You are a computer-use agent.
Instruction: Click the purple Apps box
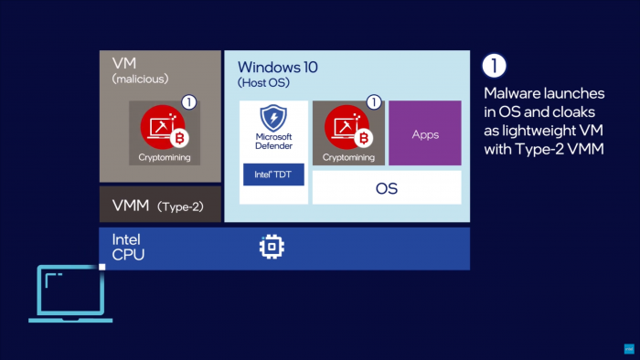coord(424,133)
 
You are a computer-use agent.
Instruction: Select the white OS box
coord(387,188)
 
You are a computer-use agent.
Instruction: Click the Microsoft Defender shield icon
coord(273,119)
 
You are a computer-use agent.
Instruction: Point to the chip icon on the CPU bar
coord(272,248)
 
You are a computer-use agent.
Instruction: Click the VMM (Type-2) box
coord(160,206)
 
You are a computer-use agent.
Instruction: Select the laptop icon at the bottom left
coord(70,293)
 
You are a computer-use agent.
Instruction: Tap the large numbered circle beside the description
coord(494,66)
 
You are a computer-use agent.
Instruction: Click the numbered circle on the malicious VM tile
coord(188,102)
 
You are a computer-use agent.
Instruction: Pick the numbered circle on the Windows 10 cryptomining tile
coord(372,102)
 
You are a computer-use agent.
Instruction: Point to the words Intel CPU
coord(128,247)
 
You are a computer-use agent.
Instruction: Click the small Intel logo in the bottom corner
coord(628,348)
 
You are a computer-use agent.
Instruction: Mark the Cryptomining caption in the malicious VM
coord(165,157)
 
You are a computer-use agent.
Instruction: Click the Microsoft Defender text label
coord(273,142)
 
